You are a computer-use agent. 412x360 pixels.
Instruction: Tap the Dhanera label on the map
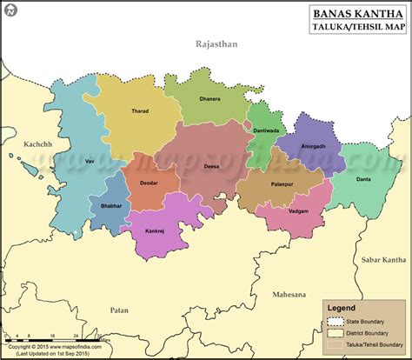pyautogui.click(x=209, y=100)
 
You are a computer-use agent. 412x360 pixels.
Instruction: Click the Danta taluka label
pyautogui.click(x=364, y=179)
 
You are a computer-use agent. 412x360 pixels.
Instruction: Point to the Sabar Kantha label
pyautogui.click(x=382, y=259)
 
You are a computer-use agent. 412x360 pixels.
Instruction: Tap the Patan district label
pyautogui.click(x=118, y=309)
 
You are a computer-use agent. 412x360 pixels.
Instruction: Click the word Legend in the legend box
pyautogui.click(x=342, y=307)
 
